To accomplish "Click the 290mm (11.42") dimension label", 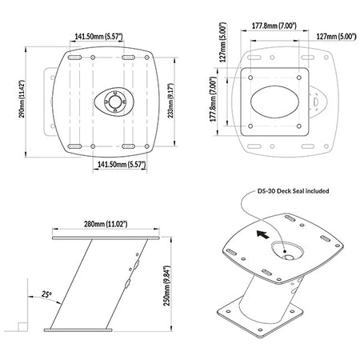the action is pos(22,99).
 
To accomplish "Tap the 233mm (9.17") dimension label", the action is pos(171,101).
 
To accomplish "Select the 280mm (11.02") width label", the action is pos(106,224).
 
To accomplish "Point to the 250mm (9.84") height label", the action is pos(166,286).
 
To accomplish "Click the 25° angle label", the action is pos(46,294).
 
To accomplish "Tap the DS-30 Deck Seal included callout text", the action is pos(293,191).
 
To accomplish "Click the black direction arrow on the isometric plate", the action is pos(262,234).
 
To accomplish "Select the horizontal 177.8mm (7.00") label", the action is pos(274,26).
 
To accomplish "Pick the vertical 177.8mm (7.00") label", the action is pos(213,99).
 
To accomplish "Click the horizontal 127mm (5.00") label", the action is pos(336,36).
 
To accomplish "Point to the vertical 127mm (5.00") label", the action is pos(223,42).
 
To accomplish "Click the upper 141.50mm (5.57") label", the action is pos(98,36).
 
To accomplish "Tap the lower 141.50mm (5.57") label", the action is pos(122,164).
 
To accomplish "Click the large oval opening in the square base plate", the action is pos(274,102).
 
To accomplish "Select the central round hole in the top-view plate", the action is pos(115,102).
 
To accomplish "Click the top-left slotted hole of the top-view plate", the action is pos(74,58).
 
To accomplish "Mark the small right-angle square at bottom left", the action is pos(22,327).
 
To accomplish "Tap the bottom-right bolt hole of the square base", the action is pos(299,126).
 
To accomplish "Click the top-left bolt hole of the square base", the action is pos(250,78).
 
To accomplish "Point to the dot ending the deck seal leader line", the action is pos(285,251).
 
